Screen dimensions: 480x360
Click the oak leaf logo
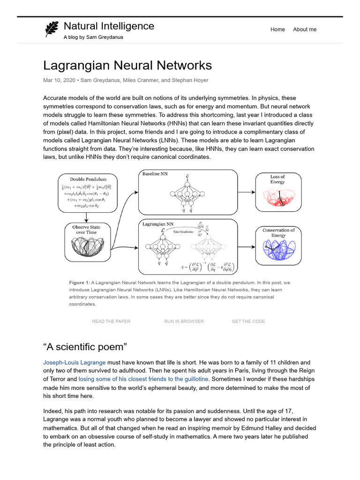click(x=51, y=29)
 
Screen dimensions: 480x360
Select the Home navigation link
click(x=277, y=30)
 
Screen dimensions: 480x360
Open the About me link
click(x=305, y=30)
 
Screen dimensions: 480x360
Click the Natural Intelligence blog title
click(x=109, y=26)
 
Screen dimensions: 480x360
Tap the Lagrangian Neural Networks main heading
click(x=127, y=65)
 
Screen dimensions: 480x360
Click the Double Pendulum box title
click(x=88, y=179)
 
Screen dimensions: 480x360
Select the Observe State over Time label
click(x=86, y=230)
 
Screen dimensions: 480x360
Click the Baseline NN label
click(x=155, y=174)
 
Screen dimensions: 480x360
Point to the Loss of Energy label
click(x=277, y=179)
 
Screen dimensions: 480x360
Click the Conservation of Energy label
click(x=278, y=232)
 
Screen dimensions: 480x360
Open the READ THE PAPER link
click(x=111, y=321)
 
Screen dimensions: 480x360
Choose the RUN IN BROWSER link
click(x=184, y=321)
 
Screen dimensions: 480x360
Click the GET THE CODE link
click(x=248, y=321)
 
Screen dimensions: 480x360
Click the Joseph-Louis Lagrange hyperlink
click(x=75, y=362)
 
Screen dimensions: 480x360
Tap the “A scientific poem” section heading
click(x=84, y=347)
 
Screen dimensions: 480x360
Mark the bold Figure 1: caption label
click(x=79, y=283)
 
